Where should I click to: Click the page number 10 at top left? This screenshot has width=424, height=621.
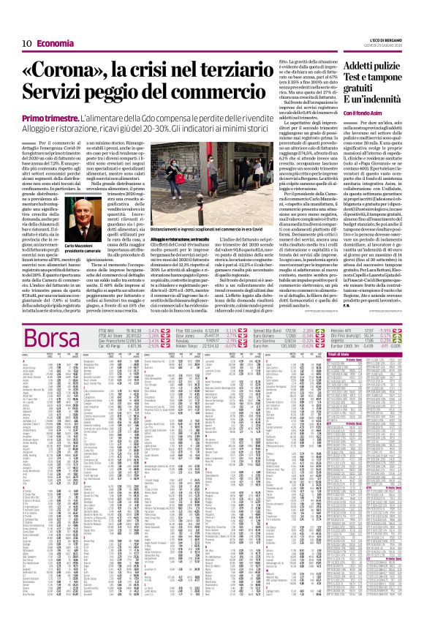[15, 9]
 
